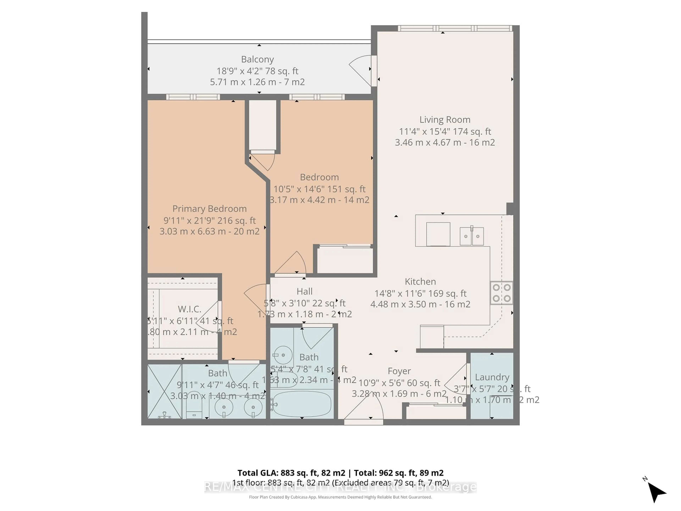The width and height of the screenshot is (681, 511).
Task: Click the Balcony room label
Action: pyautogui.click(x=257, y=59)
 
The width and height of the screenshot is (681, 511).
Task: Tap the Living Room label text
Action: pyautogui.click(x=445, y=120)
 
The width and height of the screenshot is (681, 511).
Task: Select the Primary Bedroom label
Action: pyautogui.click(x=209, y=209)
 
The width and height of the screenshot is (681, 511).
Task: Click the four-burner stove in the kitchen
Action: pyautogui.click(x=502, y=293)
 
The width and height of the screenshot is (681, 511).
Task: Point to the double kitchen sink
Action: pyautogui.click(x=471, y=236)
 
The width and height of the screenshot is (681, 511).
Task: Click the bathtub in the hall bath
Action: pyautogui.click(x=302, y=404)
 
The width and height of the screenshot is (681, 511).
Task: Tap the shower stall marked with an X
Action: pyautogui.click(x=164, y=391)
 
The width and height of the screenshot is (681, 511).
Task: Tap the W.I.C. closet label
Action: pyautogui.click(x=189, y=309)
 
